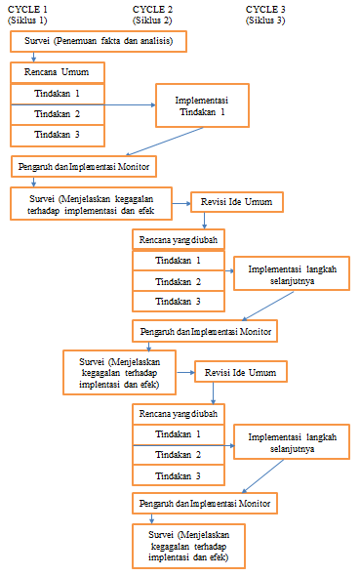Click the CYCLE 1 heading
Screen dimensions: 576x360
pos(26,9)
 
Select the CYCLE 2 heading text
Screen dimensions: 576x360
pos(152,9)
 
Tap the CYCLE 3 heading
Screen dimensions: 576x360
pos(265,9)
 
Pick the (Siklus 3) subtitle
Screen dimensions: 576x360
pos(265,20)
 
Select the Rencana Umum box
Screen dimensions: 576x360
pos(57,72)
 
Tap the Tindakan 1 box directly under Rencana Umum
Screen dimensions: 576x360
pos(57,94)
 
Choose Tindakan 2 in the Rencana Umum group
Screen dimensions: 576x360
pos(57,114)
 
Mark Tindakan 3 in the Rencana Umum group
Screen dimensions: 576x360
pos(57,135)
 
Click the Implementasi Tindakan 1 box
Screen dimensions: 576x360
pos(202,105)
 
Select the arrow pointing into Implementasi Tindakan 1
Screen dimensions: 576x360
pos(129,103)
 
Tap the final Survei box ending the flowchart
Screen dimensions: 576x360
pos(188,547)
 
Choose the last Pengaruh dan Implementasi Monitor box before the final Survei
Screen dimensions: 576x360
pos(204,503)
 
